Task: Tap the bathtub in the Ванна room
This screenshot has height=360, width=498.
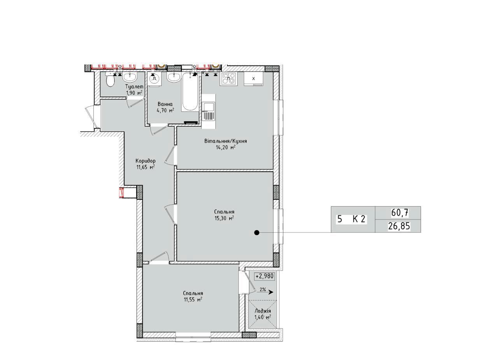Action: (190, 92)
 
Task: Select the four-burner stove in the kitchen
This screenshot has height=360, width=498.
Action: (228, 79)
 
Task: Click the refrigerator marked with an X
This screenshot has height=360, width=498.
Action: (254, 79)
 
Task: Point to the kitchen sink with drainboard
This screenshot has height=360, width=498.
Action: (209, 111)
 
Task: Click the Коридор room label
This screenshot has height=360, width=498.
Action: (146, 161)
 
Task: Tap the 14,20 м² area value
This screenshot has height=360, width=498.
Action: (225, 147)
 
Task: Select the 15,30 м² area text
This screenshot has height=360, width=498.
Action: (224, 218)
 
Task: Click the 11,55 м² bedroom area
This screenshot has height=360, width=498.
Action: (193, 300)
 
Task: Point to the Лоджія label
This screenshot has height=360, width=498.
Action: (263, 311)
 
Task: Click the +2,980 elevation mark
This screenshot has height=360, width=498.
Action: (264, 276)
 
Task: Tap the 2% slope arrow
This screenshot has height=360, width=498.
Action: (265, 292)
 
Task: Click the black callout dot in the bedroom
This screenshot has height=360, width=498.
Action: (257, 232)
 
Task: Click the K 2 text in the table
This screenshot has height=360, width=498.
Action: (359, 219)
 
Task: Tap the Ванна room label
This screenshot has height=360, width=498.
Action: (165, 104)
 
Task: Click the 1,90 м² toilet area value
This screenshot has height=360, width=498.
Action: (134, 93)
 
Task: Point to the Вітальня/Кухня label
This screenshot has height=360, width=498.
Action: (226, 141)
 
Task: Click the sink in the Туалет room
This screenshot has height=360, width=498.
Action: (130, 77)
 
